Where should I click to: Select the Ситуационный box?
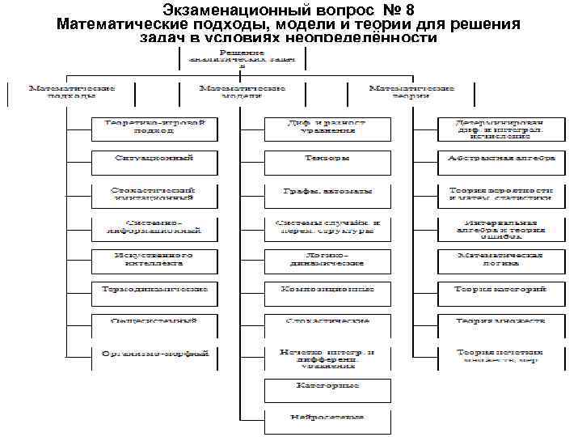point(154,159)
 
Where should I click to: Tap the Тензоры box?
point(327,159)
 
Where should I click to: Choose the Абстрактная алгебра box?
point(502,159)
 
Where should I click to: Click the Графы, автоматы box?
point(327,192)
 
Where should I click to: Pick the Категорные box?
point(327,386)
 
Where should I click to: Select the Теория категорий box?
point(502,289)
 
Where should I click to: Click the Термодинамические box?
point(154,289)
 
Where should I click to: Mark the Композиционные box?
point(327,289)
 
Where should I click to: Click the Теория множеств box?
point(502,321)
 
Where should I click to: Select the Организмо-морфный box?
point(154,354)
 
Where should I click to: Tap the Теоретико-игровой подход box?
point(154,126)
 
